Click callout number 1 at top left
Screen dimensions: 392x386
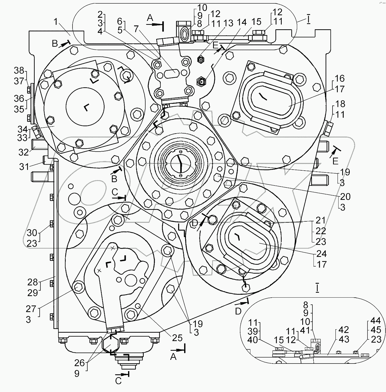coord(55,22)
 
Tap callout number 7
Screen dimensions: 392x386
coord(136,28)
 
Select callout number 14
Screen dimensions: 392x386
coord(242,22)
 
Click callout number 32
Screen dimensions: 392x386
coord(23,152)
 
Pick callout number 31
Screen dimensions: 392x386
coord(24,166)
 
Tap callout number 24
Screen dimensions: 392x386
coord(321,253)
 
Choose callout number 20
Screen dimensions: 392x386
coord(345,196)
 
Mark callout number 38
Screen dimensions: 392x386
coord(19,70)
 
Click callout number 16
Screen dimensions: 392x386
coord(339,78)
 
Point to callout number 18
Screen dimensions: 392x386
coord(340,104)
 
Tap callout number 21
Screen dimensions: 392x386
coord(321,220)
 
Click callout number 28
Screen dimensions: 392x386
coord(33,282)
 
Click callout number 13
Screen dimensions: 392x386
coord(228,23)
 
